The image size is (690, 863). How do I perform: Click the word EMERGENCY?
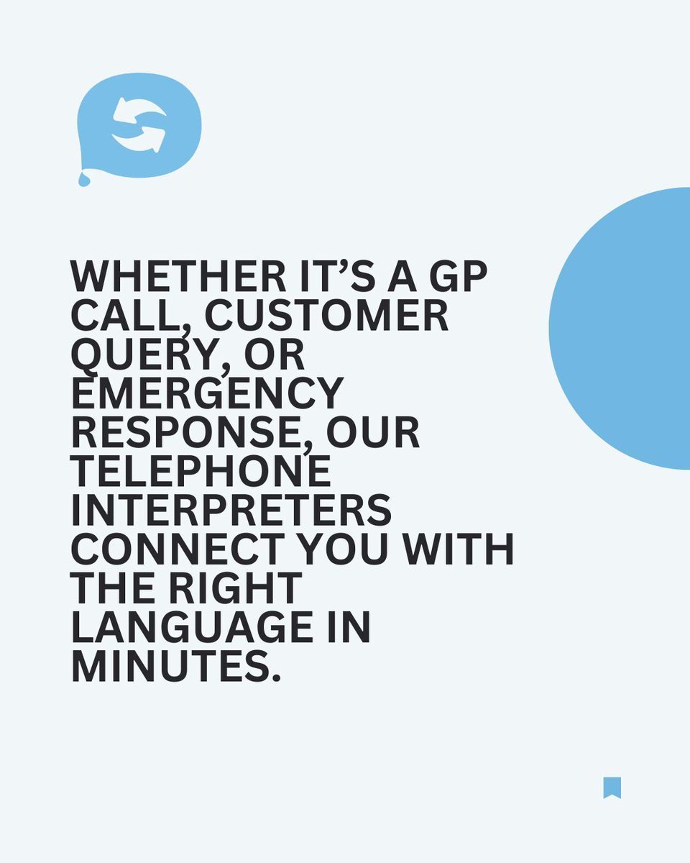click(x=207, y=393)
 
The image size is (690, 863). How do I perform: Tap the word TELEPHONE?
click(x=201, y=472)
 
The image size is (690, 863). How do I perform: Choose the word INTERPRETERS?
click(x=231, y=511)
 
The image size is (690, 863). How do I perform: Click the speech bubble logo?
click(x=139, y=125)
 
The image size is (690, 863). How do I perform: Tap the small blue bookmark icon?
click(x=612, y=787)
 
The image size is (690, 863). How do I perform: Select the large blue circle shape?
click(x=625, y=328)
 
